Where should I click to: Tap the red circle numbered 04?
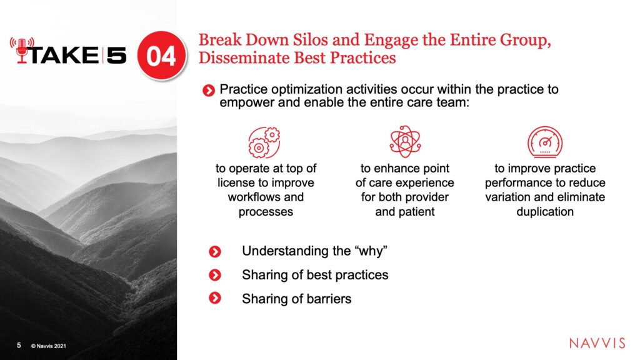[161, 55]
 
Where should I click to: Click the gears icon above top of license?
[264, 142]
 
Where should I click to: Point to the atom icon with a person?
[405, 141]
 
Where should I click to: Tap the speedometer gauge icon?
[545, 142]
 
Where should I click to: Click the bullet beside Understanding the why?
[215, 251]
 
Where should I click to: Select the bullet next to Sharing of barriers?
[215, 298]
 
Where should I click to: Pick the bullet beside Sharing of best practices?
[215, 275]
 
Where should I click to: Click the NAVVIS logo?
[597, 343]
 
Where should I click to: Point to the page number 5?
[19, 345]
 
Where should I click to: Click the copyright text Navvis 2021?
[49, 346]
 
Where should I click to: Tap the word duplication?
[545, 212]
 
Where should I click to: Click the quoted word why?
[371, 251]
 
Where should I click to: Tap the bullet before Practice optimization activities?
[209, 91]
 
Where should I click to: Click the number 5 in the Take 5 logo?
[116, 55]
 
